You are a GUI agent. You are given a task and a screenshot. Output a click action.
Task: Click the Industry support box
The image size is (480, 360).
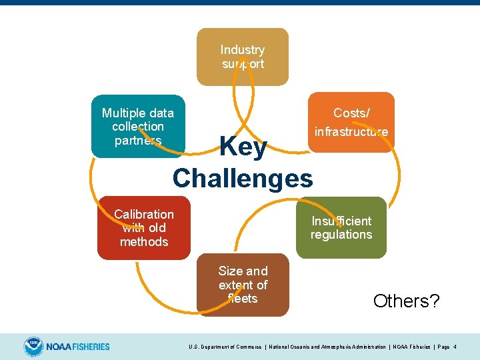pyautogui.click(x=242, y=57)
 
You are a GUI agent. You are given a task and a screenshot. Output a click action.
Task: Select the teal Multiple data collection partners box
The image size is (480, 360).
pyautogui.click(x=138, y=126)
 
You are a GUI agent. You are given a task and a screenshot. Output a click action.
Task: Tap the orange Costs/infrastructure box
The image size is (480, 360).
pyautogui.click(x=351, y=122)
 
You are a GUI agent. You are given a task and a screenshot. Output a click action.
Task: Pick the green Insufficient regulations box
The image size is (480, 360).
pyautogui.click(x=341, y=227)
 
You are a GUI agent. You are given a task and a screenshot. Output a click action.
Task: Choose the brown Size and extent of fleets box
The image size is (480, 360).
pyautogui.click(x=243, y=285)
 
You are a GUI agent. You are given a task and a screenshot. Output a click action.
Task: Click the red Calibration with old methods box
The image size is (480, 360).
pyautogui.click(x=143, y=227)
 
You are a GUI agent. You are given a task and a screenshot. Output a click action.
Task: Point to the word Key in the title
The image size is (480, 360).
pyautogui.click(x=243, y=147)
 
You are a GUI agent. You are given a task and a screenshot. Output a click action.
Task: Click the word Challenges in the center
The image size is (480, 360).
pyautogui.click(x=243, y=178)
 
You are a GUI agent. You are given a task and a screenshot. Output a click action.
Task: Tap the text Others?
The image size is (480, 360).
pyautogui.click(x=406, y=301)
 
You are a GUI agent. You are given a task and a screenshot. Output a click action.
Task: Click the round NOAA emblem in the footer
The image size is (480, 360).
pyautogui.click(x=33, y=347)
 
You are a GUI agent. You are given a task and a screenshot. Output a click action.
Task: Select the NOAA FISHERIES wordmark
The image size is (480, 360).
pyautogui.click(x=78, y=347)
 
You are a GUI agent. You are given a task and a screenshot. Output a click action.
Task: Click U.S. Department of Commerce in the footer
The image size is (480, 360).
pyautogui.click(x=225, y=347)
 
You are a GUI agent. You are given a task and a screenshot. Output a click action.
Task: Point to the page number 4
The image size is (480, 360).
pyautogui.click(x=455, y=347)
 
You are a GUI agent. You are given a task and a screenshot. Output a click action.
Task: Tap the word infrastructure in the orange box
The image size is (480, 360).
pyautogui.click(x=351, y=131)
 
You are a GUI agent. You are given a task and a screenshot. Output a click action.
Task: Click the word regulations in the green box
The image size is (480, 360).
pyautogui.click(x=341, y=235)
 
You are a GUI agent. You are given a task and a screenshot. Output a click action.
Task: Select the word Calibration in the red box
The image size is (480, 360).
pyautogui.click(x=143, y=214)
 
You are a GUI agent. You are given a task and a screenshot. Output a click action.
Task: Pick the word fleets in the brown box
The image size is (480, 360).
pyautogui.click(x=243, y=299)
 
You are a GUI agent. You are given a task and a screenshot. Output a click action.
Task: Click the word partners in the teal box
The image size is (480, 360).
pyautogui.click(x=138, y=140)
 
